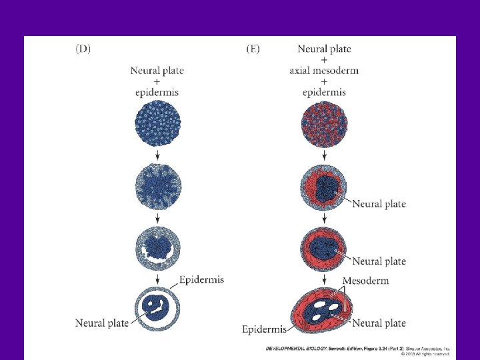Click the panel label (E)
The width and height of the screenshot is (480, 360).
[253, 48]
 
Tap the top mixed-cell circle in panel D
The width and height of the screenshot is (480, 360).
[157, 124]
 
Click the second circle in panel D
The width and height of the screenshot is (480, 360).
[157, 188]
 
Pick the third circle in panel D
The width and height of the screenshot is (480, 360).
[157, 245]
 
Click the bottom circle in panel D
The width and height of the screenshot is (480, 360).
[157, 306]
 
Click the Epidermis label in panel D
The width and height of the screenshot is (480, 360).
[201, 279]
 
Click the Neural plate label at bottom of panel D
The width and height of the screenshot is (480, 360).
[101, 323]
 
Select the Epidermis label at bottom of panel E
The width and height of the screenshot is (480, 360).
[264, 329]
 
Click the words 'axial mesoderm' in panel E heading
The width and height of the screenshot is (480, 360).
[324, 71]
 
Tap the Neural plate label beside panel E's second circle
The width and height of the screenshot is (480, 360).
[379, 203]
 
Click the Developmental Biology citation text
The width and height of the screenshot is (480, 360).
[320, 348]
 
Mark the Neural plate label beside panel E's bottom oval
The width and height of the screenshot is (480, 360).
[379, 323]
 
